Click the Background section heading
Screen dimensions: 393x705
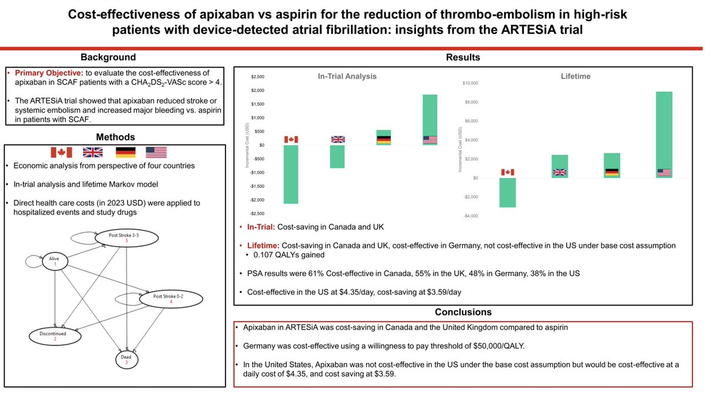[x=108, y=57]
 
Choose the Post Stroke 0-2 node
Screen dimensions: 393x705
[x=171, y=299]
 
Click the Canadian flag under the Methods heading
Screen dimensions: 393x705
[x=61, y=153]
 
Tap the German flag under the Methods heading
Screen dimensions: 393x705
[x=125, y=153]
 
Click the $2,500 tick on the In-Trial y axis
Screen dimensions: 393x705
[x=257, y=77]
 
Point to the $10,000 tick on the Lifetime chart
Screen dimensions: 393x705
[x=471, y=83]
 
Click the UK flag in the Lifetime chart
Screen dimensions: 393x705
[x=560, y=173]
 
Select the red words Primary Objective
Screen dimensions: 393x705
[x=49, y=73]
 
